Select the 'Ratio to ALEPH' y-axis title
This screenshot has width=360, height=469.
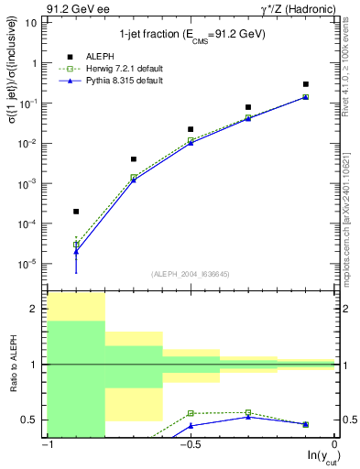pos(14,365)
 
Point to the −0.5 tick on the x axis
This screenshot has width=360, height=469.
pos(189,445)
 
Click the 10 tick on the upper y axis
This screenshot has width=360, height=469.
pos(33,23)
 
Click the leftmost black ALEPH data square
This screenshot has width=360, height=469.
pos(76,212)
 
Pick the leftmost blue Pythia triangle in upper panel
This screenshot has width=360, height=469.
pos(76,251)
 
